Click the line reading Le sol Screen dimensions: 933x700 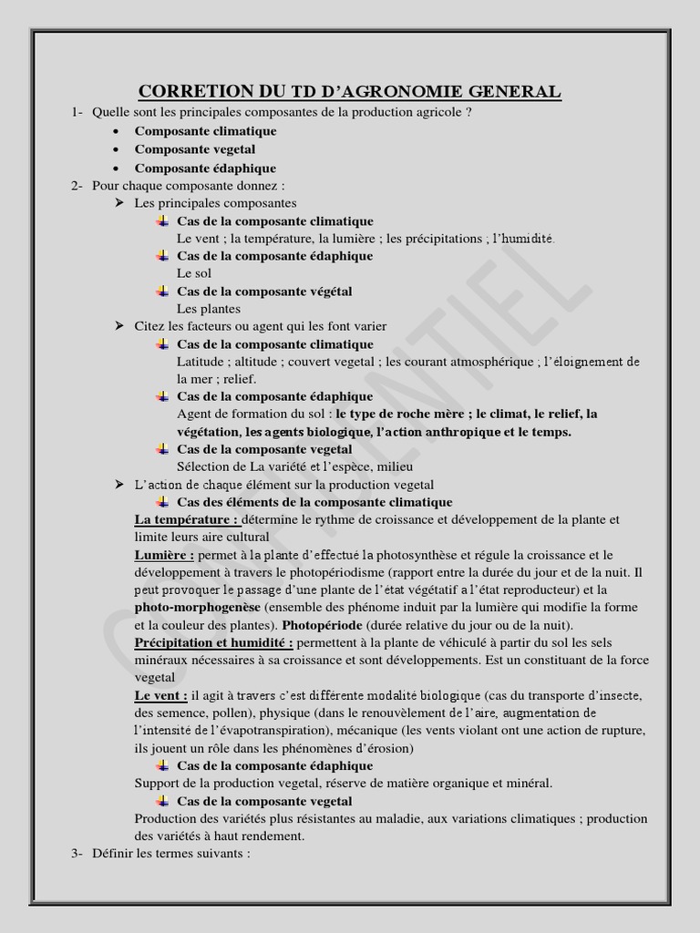193,273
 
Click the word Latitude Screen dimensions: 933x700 201,362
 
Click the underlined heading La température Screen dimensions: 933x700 186,519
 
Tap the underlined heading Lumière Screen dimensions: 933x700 164,555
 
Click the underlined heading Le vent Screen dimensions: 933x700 160,696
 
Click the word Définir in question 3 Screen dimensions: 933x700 114,854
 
